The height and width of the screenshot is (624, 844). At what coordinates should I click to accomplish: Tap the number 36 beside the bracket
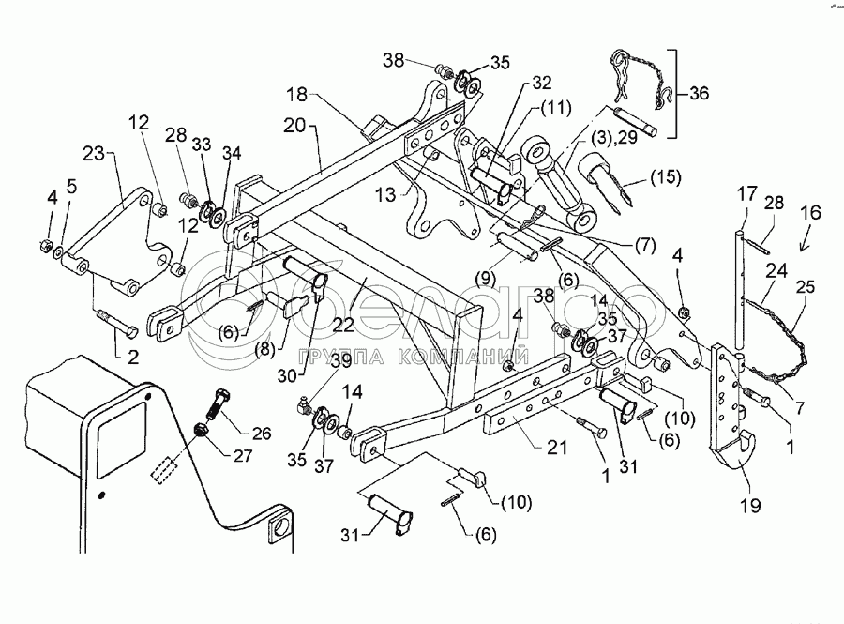(700, 94)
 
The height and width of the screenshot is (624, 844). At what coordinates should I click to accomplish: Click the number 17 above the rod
(746, 195)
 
